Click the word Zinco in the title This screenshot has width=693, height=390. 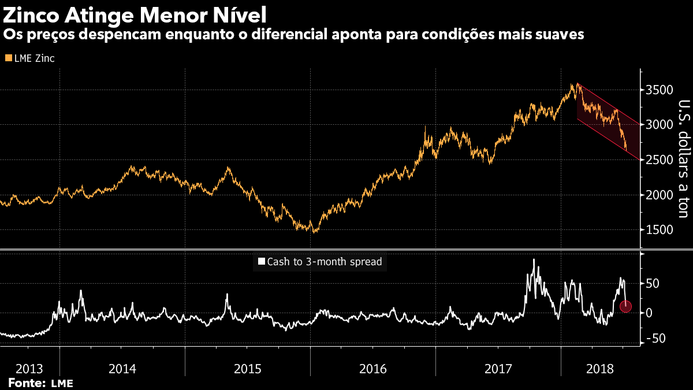point(35,12)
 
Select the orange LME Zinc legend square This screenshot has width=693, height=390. point(8,58)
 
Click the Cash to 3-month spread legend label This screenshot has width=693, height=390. point(324,262)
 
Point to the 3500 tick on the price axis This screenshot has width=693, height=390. point(660,90)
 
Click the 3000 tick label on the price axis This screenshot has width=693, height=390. point(660,125)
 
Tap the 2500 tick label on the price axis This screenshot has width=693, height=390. point(660,160)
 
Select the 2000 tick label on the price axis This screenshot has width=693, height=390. point(660,195)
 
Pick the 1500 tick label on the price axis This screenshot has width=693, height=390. point(660,230)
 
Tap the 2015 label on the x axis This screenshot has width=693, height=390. point(247,369)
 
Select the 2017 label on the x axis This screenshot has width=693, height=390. point(498,369)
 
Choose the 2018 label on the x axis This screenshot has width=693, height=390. point(600,369)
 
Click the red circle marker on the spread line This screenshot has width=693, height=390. point(625,307)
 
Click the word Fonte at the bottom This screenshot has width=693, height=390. point(27,382)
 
